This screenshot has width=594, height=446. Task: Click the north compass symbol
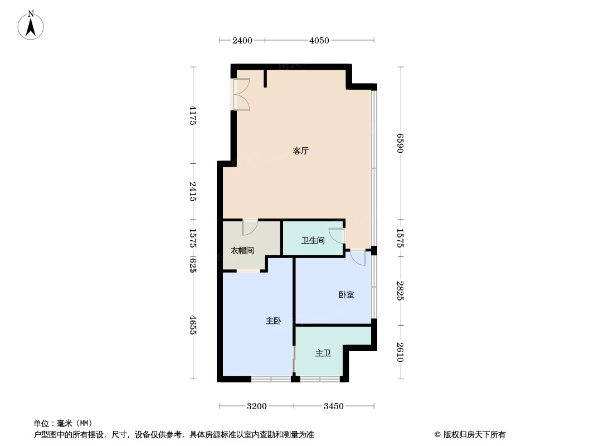click(31, 25)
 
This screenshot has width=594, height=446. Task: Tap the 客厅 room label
click(301, 151)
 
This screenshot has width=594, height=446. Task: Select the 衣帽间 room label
click(242, 251)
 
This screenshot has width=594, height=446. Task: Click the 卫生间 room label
click(313, 241)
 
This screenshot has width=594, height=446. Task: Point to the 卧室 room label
click(347, 294)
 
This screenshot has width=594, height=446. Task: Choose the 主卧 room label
click(273, 321)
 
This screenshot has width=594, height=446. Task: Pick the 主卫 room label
click(323, 353)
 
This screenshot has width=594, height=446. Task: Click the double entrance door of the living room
click(241, 94)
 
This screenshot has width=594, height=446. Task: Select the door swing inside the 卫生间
click(337, 235)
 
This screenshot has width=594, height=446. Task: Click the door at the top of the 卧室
click(358, 257)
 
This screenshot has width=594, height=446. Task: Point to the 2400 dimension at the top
click(242, 40)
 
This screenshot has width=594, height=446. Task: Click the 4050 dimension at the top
click(319, 40)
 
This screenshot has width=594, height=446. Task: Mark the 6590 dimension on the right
click(400, 143)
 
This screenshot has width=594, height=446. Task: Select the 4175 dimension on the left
click(193, 115)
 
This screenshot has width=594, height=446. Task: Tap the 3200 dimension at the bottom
click(257, 406)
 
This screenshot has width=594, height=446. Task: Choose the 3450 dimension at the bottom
click(334, 406)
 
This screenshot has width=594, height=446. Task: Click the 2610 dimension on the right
click(400, 352)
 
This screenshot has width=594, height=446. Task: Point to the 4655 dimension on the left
click(193, 325)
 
